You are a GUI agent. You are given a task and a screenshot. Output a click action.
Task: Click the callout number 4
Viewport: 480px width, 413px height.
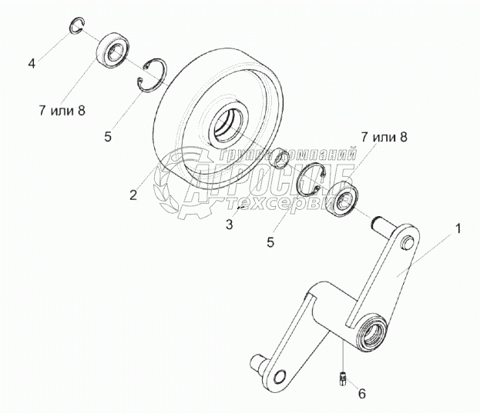tap(32, 63)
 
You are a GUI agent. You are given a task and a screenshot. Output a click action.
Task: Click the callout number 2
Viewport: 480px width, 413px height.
tap(133, 195)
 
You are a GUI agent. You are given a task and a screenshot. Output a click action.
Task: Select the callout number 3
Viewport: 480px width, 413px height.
tap(229, 225)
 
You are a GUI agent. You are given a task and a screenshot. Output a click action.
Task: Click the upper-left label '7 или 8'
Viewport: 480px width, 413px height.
tap(59, 110)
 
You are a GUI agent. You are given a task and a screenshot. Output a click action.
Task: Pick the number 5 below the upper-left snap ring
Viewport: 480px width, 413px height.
tap(108, 138)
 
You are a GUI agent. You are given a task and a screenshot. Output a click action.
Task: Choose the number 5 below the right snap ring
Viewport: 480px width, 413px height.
tap(270, 241)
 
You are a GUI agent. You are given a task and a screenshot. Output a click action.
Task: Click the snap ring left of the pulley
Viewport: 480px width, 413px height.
tap(153, 76)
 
